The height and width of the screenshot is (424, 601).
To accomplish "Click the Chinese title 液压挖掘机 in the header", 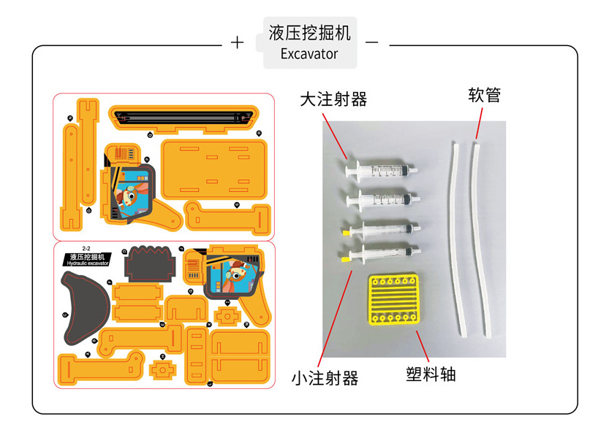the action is coord(309,33).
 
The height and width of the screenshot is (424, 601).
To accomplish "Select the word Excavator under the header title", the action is coord(309,54).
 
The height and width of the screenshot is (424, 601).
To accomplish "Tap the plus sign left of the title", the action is coord(237,42).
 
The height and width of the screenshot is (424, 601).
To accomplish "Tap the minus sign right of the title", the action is coord(371,42).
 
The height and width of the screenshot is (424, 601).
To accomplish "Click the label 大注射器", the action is coord(333,99).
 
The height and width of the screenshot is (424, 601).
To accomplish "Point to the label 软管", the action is coord(484,95).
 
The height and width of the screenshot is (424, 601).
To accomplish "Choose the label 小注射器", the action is coord(325,378).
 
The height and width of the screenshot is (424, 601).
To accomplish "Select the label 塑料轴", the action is coord(431,374).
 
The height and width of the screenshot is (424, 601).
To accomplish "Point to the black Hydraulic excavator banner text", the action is coord(88,260).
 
